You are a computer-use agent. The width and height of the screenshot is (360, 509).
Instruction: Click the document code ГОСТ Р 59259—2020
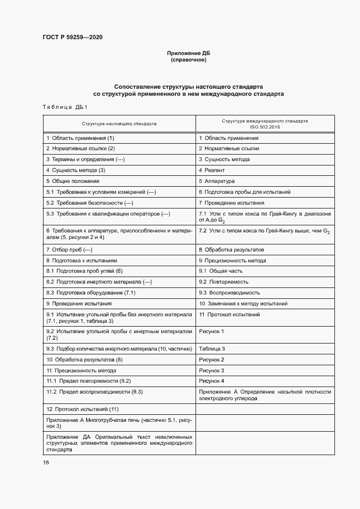72,38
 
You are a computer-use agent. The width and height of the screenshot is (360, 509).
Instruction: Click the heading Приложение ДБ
188,53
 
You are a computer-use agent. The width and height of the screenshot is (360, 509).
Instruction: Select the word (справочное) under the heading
188,60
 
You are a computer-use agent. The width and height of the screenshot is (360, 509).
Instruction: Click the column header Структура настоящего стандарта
119,124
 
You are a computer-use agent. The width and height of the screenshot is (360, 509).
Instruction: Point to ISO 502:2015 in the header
265,127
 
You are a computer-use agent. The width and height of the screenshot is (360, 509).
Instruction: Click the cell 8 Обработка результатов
231,249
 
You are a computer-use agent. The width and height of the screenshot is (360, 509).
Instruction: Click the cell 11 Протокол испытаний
229,314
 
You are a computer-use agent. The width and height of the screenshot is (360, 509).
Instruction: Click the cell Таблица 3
212,348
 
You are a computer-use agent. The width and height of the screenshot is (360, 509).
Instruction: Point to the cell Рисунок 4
211,381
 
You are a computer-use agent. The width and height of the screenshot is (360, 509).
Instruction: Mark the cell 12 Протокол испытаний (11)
82,409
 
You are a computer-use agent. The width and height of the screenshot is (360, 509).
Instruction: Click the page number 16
46,462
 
